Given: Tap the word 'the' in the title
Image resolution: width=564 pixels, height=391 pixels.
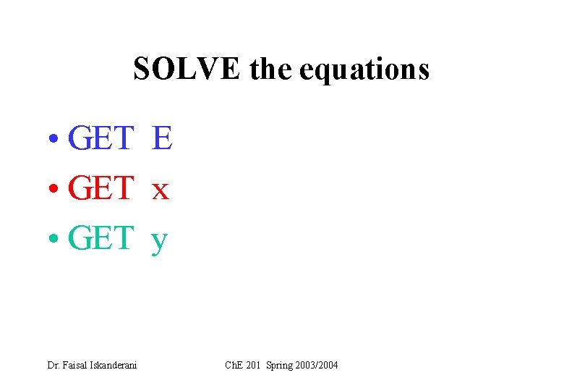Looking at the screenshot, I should (270, 70).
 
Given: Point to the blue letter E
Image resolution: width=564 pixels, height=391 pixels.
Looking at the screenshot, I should (162, 138).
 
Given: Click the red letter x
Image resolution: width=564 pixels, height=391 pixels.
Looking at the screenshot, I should (160, 191).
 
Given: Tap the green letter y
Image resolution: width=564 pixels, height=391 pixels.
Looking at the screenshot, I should (159, 241).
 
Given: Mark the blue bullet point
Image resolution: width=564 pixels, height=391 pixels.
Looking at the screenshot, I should (55, 140).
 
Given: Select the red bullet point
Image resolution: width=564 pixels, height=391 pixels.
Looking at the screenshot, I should (55, 190).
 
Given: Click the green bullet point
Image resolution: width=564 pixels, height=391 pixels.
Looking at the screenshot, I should (55, 239).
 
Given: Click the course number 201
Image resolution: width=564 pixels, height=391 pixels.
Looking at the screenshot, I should (252, 365).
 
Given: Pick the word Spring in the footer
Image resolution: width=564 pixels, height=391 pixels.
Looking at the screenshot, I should (280, 366).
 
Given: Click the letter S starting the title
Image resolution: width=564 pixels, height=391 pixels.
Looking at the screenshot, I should (141, 70).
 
